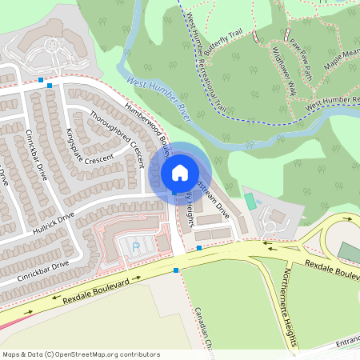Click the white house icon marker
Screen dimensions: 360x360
180,173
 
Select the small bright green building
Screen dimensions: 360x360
250,201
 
